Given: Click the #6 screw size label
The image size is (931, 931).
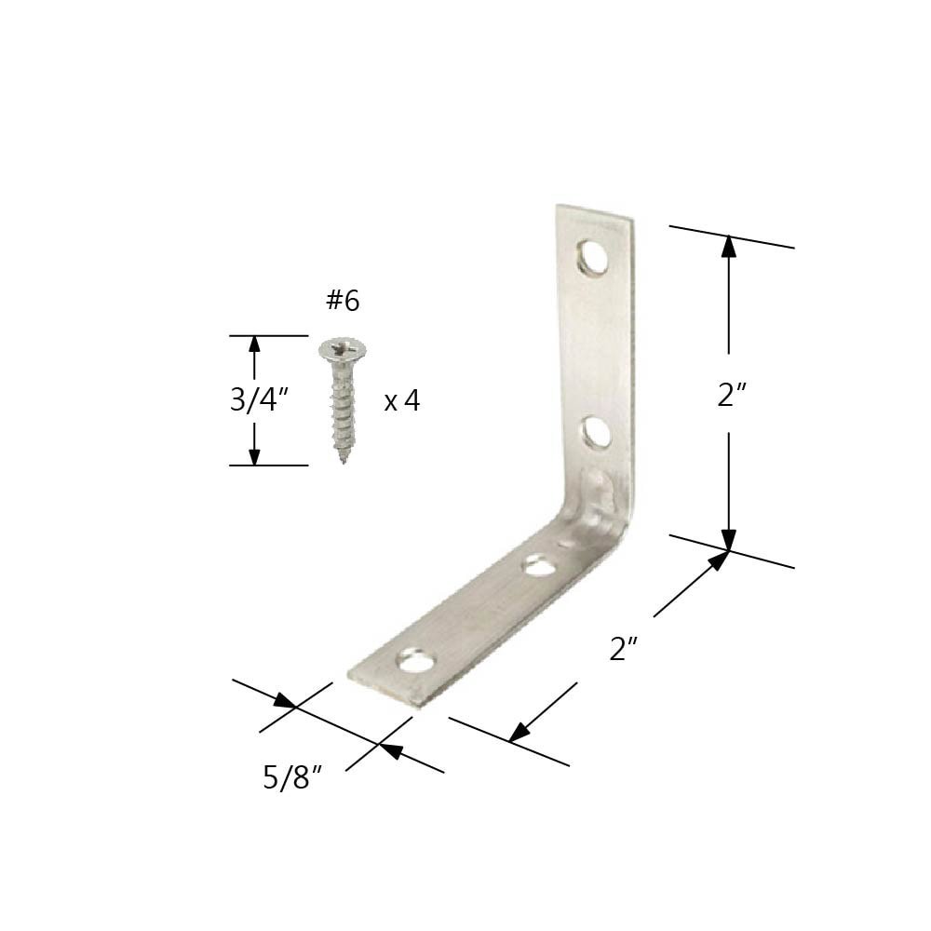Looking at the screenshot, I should click(342, 301).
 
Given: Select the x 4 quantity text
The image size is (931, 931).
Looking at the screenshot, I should click(402, 401).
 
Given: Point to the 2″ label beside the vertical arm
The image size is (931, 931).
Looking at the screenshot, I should click(733, 396).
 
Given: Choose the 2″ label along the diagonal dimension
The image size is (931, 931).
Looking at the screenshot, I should click(622, 648).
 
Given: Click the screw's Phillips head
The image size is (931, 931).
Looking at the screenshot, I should click(342, 349).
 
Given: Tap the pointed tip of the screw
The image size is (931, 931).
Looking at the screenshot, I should click(343, 460).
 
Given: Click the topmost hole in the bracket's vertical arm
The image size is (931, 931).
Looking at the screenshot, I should click(592, 257).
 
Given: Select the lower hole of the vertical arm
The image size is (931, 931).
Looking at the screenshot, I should click(597, 433).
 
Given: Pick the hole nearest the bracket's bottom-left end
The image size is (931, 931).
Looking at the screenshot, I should click(415, 660).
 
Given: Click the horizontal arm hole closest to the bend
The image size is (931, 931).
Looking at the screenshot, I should click(539, 565).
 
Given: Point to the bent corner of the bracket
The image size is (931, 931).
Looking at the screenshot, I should click(596, 517).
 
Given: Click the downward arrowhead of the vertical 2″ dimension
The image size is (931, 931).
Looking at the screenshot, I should click(728, 541).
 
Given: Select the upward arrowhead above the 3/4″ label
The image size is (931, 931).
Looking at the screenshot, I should click(254, 344).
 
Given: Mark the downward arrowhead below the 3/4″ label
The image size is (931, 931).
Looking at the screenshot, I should click(254, 456).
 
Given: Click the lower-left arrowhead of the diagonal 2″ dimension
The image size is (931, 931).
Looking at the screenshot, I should click(519, 733).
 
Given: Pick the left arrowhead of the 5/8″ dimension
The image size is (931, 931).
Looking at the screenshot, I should click(285, 701).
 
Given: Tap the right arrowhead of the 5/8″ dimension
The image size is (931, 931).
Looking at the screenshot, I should click(391, 749).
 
